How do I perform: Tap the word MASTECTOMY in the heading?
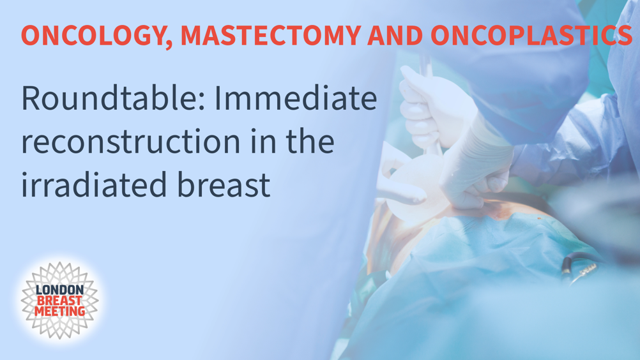[271, 36]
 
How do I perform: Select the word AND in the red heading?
[395, 36]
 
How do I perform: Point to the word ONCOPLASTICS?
[531, 36]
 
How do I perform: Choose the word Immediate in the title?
[296, 98]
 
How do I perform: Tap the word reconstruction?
[130, 142]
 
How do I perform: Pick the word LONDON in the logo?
[59, 290]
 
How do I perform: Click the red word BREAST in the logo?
[59, 301]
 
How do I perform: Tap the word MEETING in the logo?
[59, 311]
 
